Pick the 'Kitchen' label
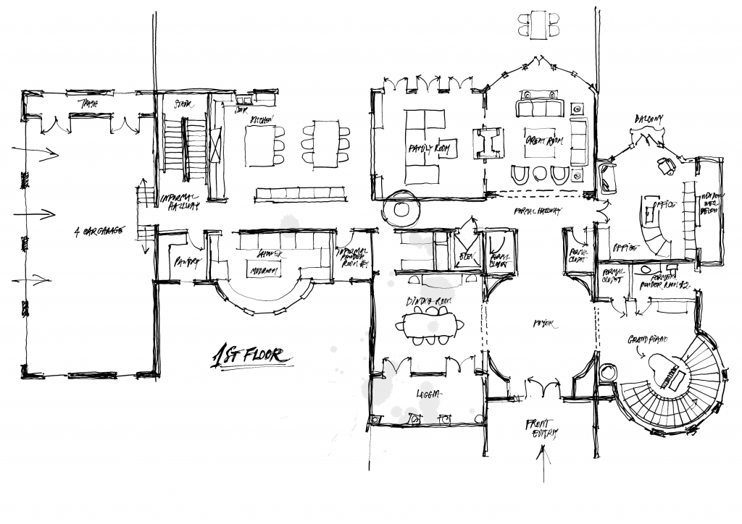(262, 119)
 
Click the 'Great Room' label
(541, 142)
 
